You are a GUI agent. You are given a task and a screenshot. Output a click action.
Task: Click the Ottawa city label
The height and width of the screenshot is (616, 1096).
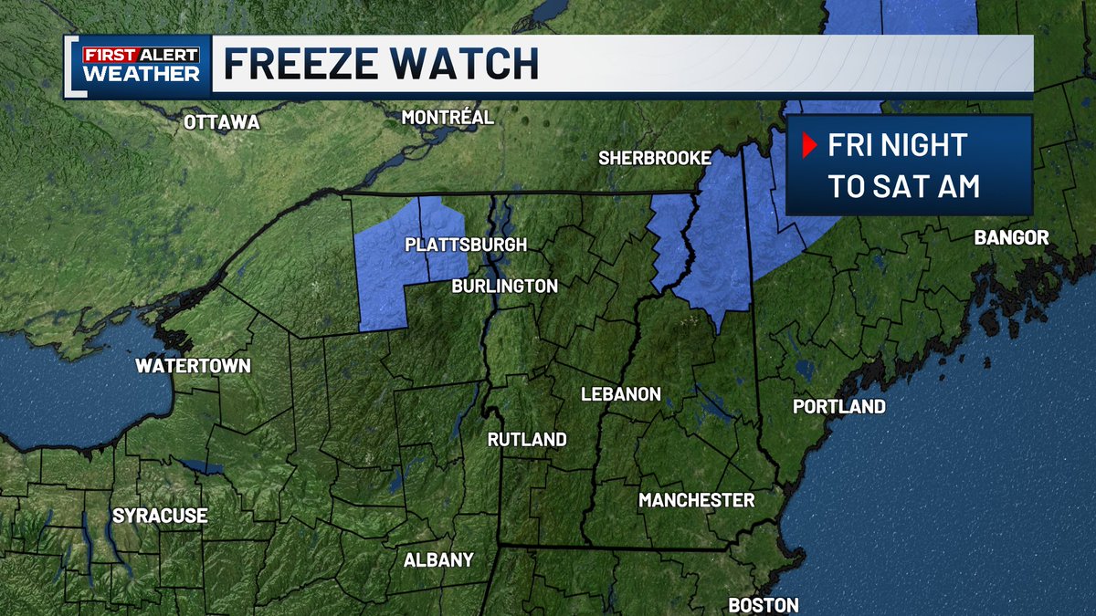(x=222, y=122)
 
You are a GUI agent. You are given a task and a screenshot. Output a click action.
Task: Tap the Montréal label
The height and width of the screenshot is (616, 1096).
(x=448, y=118)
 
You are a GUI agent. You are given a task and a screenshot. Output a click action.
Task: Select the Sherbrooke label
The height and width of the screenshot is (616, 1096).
(x=654, y=158)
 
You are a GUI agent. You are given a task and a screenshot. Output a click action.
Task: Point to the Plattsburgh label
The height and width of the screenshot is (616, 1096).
(x=466, y=245)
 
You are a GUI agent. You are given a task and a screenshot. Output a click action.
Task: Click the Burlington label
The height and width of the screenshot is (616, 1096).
(x=504, y=286)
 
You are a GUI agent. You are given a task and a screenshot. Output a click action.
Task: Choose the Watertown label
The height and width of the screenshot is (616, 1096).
(x=193, y=366)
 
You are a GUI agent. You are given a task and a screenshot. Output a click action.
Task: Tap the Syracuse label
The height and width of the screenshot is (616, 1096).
(x=160, y=516)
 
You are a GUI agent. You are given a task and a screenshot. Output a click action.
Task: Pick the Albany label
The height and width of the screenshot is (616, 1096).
(x=438, y=559)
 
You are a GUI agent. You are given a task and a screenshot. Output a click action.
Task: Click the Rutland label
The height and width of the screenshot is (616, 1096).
(x=527, y=439)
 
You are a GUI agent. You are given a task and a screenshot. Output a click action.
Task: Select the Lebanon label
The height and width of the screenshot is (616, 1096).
(x=620, y=394)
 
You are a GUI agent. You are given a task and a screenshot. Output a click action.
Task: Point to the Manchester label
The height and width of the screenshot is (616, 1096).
(x=696, y=499)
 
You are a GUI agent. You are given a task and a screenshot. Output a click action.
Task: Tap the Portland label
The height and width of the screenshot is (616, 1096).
(x=838, y=406)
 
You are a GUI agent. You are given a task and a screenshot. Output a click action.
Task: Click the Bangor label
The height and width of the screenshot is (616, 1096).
(x=1011, y=238)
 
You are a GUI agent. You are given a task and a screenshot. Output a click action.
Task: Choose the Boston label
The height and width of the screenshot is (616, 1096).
(x=763, y=604)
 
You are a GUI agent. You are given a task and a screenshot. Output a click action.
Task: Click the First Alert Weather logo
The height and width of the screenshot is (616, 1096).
(x=141, y=65)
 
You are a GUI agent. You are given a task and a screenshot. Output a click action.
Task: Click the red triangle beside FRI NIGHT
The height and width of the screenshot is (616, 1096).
(x=808, y=145)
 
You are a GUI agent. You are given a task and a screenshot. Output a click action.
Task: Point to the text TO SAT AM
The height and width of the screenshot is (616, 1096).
(x=903, y=186)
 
